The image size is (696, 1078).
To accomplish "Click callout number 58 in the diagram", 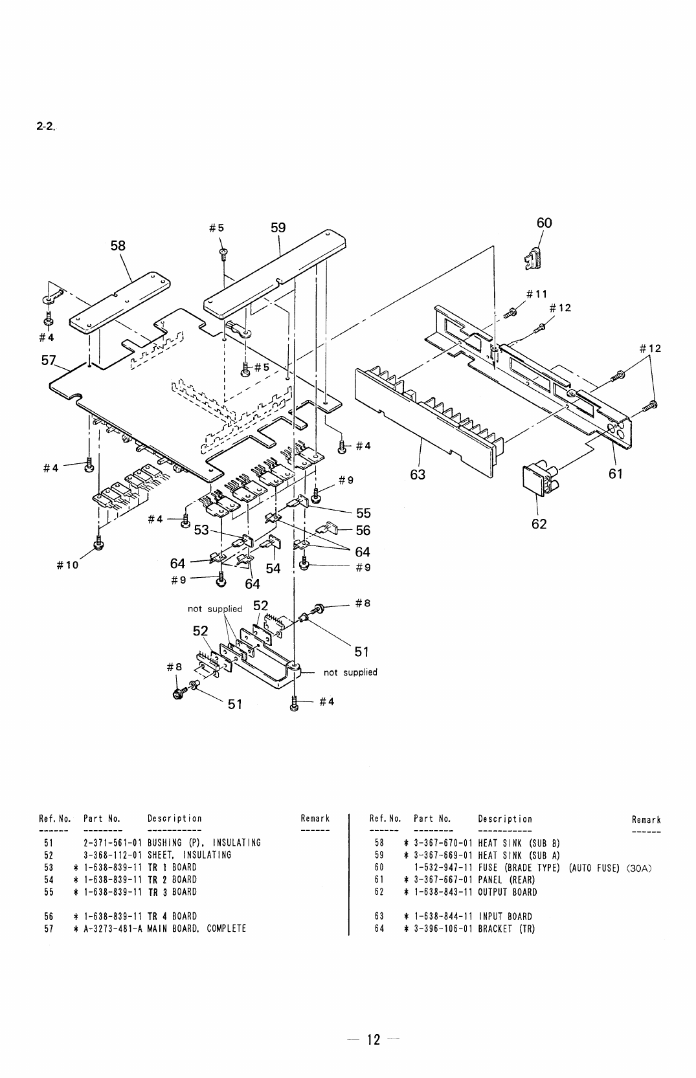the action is (x=118, y=246).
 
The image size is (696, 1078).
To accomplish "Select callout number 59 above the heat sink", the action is (x=278, y=228).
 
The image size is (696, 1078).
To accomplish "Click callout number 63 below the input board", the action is (x=418, y=474).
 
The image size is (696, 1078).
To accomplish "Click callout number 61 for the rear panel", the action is (x=616, y=474).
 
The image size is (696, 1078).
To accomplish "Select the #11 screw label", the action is (x=537, y=294).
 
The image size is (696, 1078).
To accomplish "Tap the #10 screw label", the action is (x=67, y=565).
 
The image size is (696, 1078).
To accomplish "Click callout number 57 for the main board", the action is (x=49, y=360).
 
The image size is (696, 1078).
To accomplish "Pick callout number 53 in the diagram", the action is (x=201, y=530).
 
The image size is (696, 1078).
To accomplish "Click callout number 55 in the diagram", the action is (x=364, y=513).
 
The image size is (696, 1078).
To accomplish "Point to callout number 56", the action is (x=363, y=531).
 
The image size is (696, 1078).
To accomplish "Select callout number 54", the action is (x=273, y=568).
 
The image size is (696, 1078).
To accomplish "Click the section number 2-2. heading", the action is (x=46, y=127).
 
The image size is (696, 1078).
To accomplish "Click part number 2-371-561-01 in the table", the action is (x=113, y=842).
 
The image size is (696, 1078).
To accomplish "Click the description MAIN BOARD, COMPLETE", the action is (x=197, y=929).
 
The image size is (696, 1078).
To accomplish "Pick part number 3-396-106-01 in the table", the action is (x=443, y=929).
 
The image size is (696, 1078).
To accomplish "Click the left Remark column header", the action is (x=315, y=819).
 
